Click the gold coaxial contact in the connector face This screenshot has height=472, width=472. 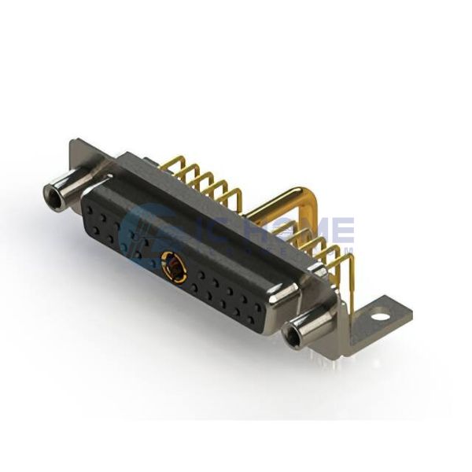click(173, 267)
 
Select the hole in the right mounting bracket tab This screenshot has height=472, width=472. click(380, 318)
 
